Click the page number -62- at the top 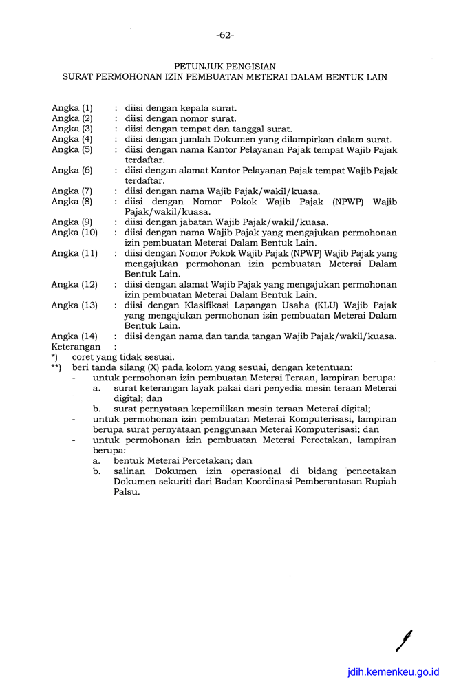pyautogui.click(x=225, y=34)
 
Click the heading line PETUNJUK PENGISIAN pyautogui.click(x=225, y=67)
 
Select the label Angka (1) pyautogui.click(x=72, y=108)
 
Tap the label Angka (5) pyautogui.click(x=72, y=149)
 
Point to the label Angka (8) pyautogui.click(x=72, y=201)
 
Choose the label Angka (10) pyautogui.click(x=74, y=233)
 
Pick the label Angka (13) pyautogui.click(x=74, y=305)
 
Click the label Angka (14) pyautogui.click(x=74, y=336)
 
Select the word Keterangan pyautogui.click(x=76, y=347)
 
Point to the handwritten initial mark pyautogui.click(x=403, y=639)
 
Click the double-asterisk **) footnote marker pyautogui.click(x=56, y=367)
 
